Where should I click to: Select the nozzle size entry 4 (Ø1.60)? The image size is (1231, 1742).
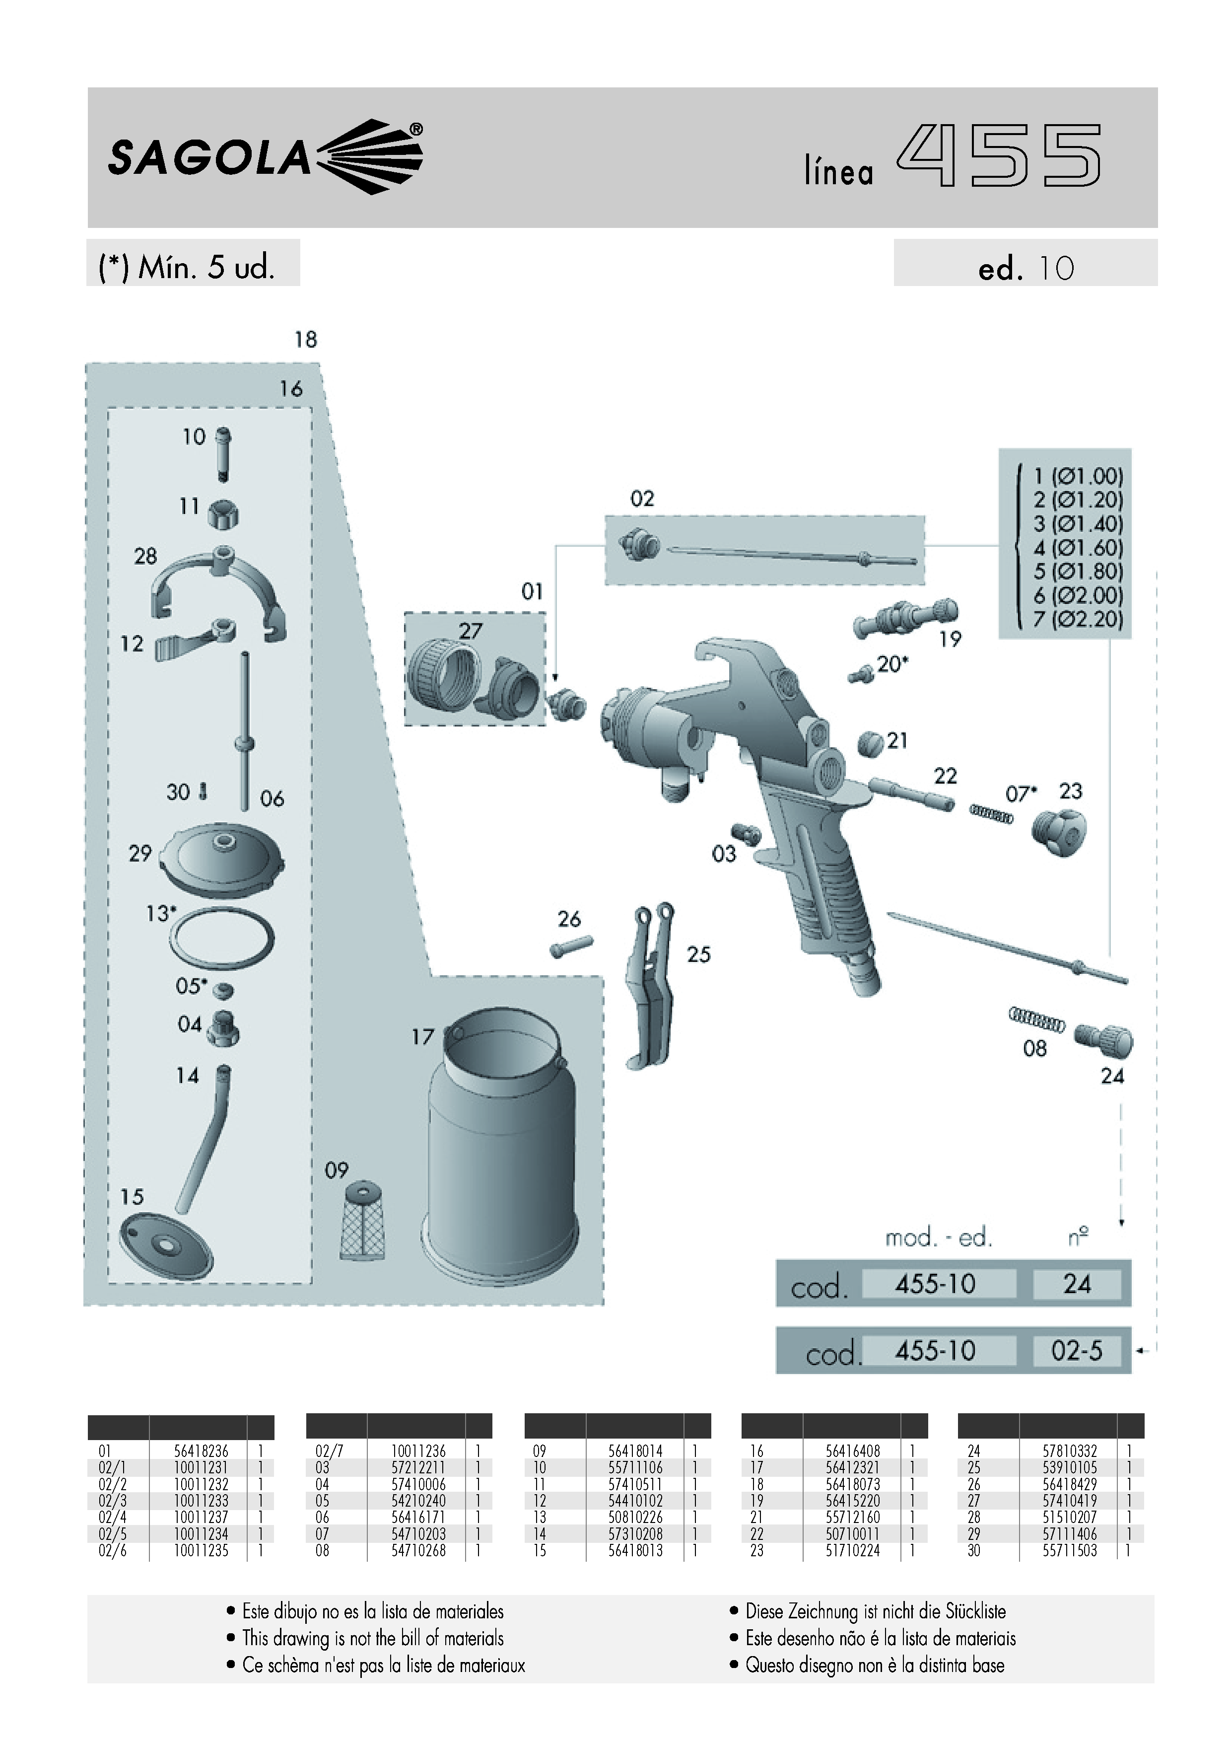pos(1078,548)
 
